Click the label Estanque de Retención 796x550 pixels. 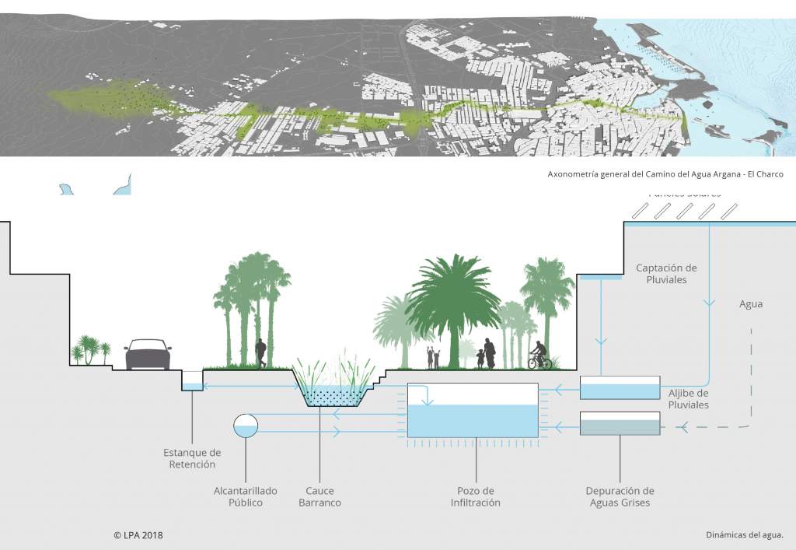[x=192, y=458]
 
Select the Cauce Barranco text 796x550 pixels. [x=319, y=496]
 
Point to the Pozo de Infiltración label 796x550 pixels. [x=475, y=496]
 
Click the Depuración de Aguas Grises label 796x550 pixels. [x=620, y=496]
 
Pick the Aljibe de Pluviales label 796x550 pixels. [x=689, y=399]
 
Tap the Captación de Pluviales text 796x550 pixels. [x=667, y=274]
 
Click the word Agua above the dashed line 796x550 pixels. [x=750, y=304]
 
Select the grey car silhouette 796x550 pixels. [x=148, y=354]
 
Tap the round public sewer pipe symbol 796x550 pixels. [x=246, y=425]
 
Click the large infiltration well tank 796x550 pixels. [x=473, y=411]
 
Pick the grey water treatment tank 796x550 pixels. [x=620, y=423]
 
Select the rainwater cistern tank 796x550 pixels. [x=620, y=388]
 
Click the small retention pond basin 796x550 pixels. [x=192, y=380]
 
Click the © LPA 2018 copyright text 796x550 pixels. [x=138, y=535]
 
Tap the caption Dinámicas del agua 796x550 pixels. [x=745, y=535]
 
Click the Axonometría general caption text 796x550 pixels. [x=665, y=174]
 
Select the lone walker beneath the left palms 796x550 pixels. [x=260, y=353]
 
